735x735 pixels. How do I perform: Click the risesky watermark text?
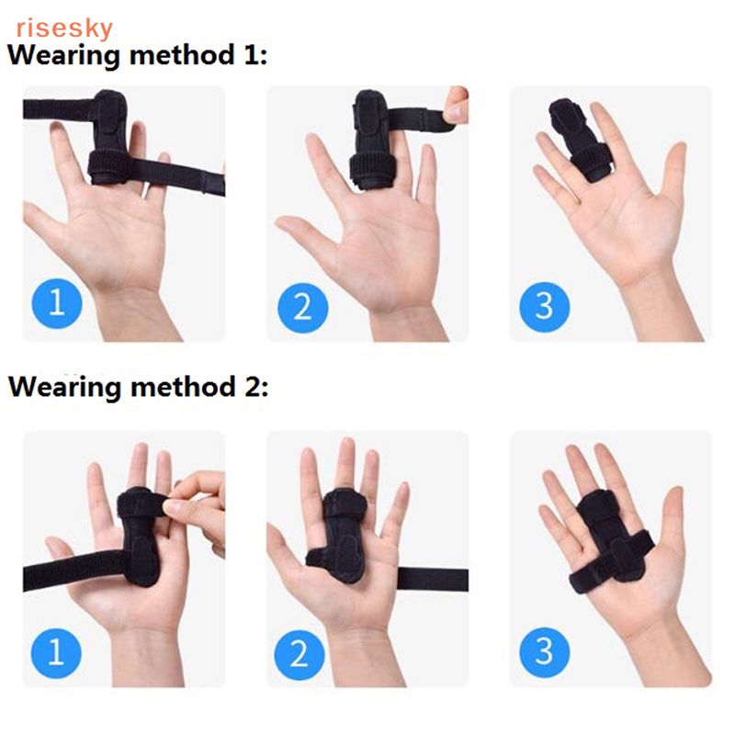(62, 28)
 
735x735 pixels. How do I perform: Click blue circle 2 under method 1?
(302, 305)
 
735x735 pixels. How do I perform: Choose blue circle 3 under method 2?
(545, 651)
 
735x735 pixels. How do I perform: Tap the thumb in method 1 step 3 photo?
(677, 175)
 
